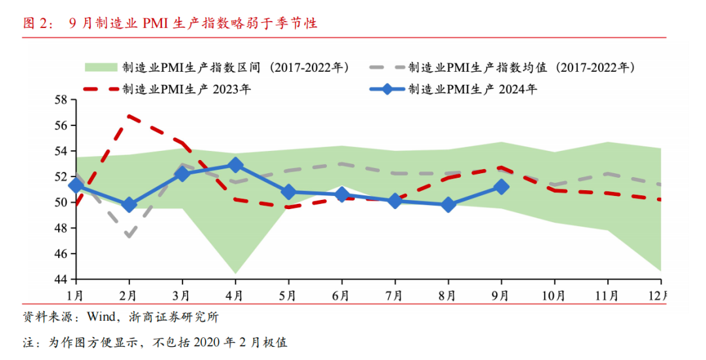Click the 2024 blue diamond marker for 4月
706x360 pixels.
(x=236, y=165)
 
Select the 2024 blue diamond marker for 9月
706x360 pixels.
(x=501, y=187)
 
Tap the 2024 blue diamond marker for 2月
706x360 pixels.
(x=129, y=205)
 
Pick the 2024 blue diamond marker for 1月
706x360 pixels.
(x=76, y=186)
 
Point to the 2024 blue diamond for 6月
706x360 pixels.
(x=341, y=195)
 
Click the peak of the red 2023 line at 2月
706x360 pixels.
(x=129, y=116)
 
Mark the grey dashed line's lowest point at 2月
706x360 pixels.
(x=129, y=236)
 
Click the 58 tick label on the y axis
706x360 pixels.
(x=61, y=100)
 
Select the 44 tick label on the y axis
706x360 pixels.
(x=61, y=279)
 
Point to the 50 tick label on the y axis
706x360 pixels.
(x=61, y=203)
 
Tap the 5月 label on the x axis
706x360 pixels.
(x=288, y=295)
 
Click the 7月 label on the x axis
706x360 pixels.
(x=394, y=295)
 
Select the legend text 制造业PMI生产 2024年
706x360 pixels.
(x=473, y=90)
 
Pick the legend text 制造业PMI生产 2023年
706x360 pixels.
(x=186, y=90)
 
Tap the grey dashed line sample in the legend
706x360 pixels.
(x=386, y=67)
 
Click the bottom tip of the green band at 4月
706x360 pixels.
(x=235, y=273)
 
